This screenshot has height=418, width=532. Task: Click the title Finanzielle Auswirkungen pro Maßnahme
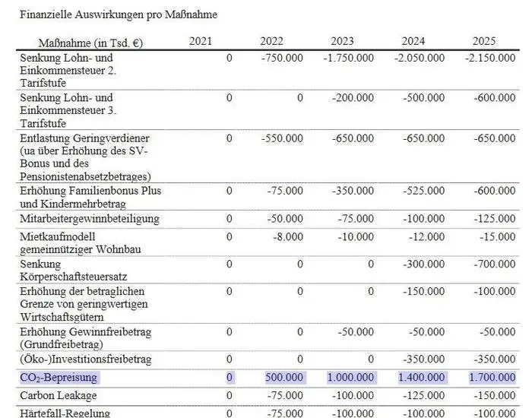(x=118, y=14)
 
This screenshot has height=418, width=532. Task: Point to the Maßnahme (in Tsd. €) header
(x=90, y=43)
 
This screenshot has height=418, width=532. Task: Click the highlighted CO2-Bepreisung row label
(x=59, y=378)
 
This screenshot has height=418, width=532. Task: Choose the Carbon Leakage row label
(x=59, y=396)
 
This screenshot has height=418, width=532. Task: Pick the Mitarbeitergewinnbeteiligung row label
(x=90, y=219)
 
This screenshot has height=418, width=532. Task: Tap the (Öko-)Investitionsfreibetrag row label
(x=86, y=359)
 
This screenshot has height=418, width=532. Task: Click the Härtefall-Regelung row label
(x=65, y=413)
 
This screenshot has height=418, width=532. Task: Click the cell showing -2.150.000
(x=489, y=58)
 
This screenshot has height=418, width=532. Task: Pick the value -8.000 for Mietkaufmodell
(x=287, y=237)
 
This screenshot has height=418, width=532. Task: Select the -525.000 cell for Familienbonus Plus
(x=423, y=191)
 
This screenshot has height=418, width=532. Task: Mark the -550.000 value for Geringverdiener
(x=282, y=139)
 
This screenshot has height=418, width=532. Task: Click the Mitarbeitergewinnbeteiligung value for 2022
(x=285, y=219)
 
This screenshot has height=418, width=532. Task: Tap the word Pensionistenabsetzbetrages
(x=86, y=176)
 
